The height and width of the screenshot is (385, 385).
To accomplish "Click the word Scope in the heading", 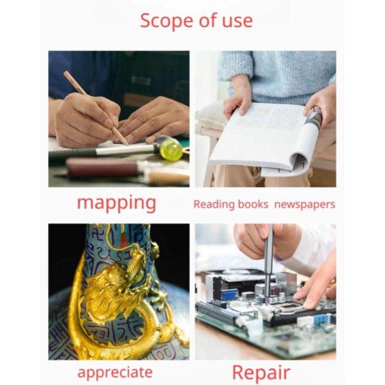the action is tap(166, 21).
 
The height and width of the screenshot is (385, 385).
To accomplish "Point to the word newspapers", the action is tap(305, 204).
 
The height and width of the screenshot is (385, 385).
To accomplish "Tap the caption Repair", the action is tap(261, 373).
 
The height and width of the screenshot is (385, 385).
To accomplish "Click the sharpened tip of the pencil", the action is tap(127, 144).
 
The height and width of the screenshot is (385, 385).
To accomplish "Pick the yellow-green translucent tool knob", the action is tap(171, 149).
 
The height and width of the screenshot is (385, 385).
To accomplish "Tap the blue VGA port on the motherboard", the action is tap(229, 294).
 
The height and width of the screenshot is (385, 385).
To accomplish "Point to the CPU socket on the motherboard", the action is tap(290, 306).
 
